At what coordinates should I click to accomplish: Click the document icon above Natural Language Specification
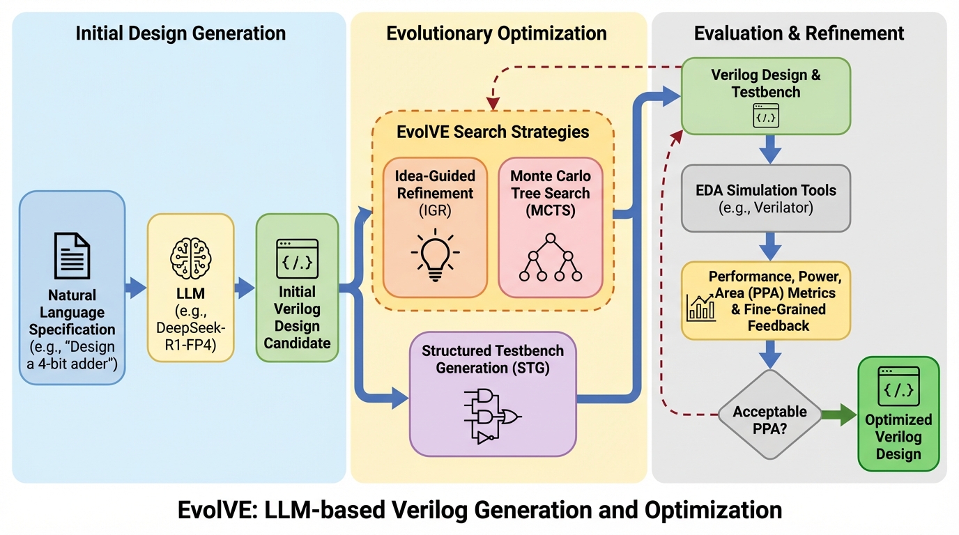tap(72, 256)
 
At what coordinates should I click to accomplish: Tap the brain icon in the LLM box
tap(190, 255)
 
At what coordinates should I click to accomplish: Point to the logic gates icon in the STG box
tap(492, 416)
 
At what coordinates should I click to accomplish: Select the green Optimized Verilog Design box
tap(898, 414)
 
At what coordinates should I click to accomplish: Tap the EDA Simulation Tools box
tap(765, 198)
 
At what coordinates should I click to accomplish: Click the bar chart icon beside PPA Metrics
tap(701, 307)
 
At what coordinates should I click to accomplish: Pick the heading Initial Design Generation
tap(181, 33)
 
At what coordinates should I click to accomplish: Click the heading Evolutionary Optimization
tap(496, 33)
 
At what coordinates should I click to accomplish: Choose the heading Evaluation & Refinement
tap(799, 33)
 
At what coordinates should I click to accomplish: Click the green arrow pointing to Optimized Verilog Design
tap(838, 415)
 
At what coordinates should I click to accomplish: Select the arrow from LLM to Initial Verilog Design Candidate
tap(245, 287)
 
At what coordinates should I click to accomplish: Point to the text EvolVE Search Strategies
tap(493, 132)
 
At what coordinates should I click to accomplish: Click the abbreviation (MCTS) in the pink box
tap(550, 210)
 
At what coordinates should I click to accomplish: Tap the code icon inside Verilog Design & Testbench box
tap(765, 116)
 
